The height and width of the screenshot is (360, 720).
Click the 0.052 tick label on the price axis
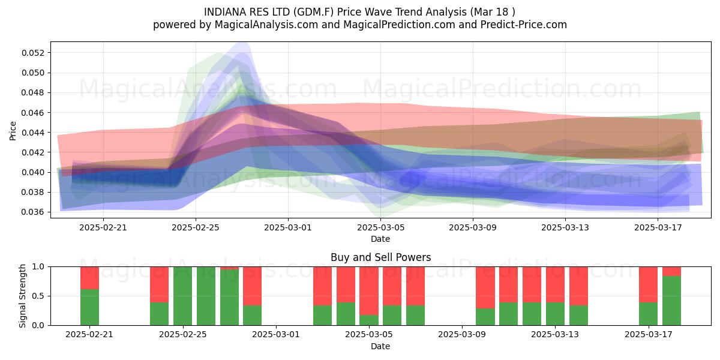point(33,53)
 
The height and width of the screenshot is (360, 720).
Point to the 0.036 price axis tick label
point(33,212)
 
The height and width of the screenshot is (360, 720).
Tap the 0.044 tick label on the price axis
point(33,133)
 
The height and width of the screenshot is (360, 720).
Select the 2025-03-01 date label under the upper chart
point(288,227)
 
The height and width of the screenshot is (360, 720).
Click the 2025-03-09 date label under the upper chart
point(473,227)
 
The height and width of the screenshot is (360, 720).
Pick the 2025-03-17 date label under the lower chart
point(649,335)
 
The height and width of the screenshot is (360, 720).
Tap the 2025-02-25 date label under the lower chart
point(183,335)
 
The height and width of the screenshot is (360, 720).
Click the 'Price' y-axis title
point(13,131)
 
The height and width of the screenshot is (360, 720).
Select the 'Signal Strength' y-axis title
point(22,296)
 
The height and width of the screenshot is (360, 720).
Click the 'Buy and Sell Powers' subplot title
point(380,257)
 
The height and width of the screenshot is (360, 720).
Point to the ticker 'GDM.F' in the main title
point(315,12)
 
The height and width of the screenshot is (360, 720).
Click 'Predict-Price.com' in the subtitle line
point(524,25)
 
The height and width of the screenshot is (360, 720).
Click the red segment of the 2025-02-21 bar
point(89,278)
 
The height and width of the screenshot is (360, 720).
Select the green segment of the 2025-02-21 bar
point(89,307)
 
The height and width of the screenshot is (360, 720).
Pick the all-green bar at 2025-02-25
point(182,296)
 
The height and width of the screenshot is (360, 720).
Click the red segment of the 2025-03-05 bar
point(369,291)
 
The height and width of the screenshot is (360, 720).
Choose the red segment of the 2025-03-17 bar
point(649,284)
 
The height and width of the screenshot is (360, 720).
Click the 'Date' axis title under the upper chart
point(380,239)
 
